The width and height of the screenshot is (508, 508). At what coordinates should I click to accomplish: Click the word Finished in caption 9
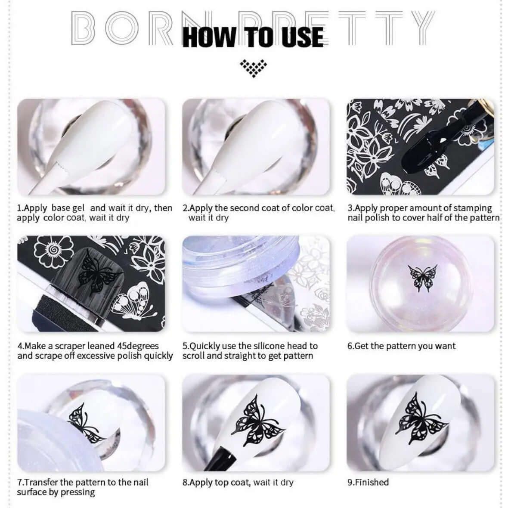coord(372,482)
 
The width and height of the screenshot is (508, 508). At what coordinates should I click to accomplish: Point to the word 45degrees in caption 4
coord(138,346)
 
